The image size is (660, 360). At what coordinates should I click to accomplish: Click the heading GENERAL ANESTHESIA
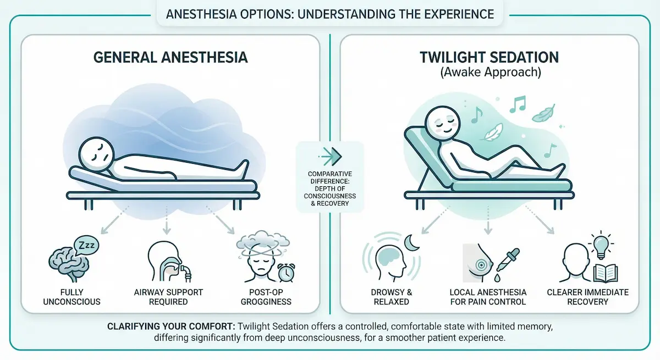[170, 58]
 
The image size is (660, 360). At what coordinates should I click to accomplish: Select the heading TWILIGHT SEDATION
[490, 58]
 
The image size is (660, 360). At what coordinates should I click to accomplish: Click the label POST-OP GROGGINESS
[267, 297]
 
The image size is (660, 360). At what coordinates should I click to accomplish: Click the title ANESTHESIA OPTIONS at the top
[329, 13]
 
